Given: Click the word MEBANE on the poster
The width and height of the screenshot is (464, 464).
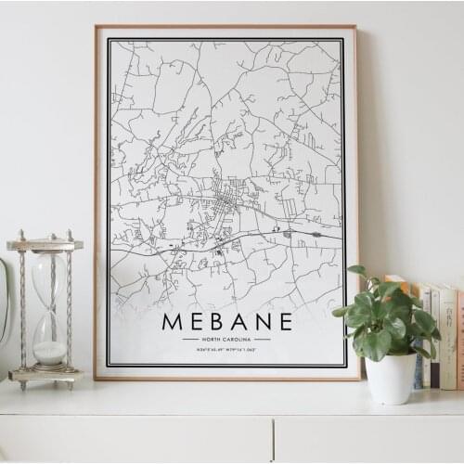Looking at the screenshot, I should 226,322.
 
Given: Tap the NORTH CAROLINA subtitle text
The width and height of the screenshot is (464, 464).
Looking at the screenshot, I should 226,340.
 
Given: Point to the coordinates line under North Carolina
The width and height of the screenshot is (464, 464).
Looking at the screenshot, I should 226,349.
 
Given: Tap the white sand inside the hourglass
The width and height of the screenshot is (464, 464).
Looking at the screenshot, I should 50,352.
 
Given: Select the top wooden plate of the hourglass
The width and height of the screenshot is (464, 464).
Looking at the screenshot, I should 45,245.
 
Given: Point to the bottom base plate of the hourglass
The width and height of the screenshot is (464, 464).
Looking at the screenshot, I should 45,375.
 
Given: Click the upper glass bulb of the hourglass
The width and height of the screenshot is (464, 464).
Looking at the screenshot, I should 49,278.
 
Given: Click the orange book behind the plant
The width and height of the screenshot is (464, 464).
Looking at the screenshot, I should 397,281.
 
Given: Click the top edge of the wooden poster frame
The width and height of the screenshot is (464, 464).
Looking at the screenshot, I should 226,27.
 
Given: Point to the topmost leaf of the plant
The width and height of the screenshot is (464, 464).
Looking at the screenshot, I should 356,271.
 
